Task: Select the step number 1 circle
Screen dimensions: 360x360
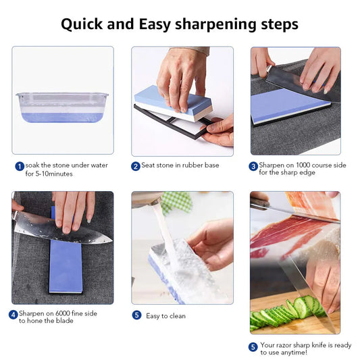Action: [x=20, y=166]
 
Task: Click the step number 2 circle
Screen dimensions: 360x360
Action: [x=136, y=166]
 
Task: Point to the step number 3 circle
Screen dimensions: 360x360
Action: [x=254, y=166]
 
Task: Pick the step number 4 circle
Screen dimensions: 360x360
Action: [x=13, y=314]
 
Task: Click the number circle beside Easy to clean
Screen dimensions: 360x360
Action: [x=136, y=315]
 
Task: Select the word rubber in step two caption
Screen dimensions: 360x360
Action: [x=188, y=166]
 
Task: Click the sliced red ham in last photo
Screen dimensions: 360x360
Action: [x=284, y=233]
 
